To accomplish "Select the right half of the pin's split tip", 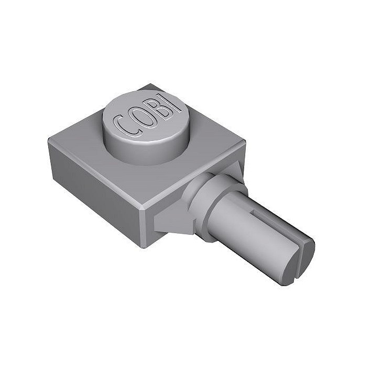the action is coord(308,259).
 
